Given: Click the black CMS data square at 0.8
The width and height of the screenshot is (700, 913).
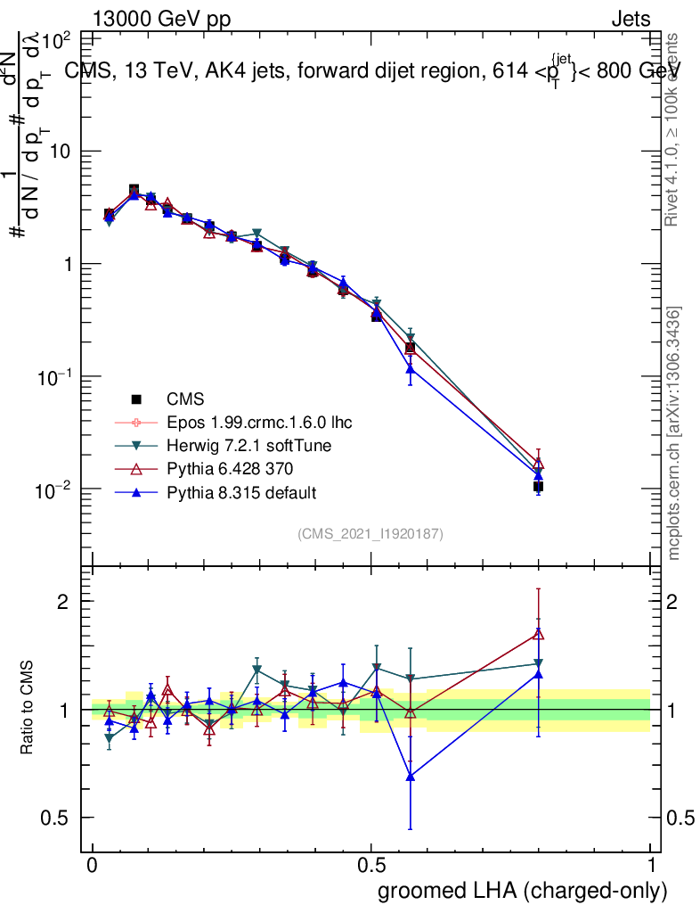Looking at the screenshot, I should click(538, 486).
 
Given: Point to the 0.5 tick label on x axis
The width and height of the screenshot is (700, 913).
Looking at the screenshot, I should click(371, 866).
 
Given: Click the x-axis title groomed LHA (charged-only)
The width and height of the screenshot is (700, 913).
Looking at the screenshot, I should click(523, 891).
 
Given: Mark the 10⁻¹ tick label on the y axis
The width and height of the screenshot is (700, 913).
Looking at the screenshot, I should click(54, 377).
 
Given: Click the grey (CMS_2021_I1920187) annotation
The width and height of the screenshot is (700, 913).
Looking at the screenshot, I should click(370, 533).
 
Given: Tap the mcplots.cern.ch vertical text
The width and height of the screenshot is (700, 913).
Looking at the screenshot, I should click(675, 434).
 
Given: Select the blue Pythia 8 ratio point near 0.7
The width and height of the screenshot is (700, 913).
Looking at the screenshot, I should click(410, 777).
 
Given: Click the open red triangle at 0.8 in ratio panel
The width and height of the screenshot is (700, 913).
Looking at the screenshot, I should click(538, 634).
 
